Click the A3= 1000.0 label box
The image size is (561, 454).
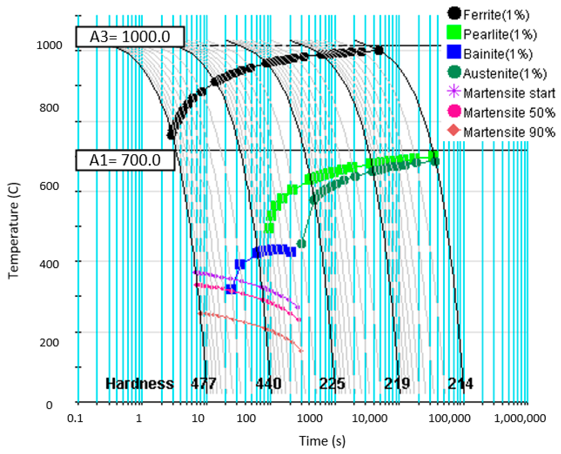point(130,37)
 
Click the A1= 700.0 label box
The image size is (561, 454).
point(125,160)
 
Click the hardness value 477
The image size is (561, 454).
point(203,384)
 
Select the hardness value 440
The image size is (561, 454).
point(268,384)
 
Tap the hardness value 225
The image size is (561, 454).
point(332,384)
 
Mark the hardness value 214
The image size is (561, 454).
point(460,384)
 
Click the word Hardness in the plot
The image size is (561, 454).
point(139,384)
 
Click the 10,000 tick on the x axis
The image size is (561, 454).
point(369,418)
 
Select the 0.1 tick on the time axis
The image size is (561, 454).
point(75,418)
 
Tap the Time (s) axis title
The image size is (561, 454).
point(322,441)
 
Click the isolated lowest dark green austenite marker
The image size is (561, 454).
point(302,243)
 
